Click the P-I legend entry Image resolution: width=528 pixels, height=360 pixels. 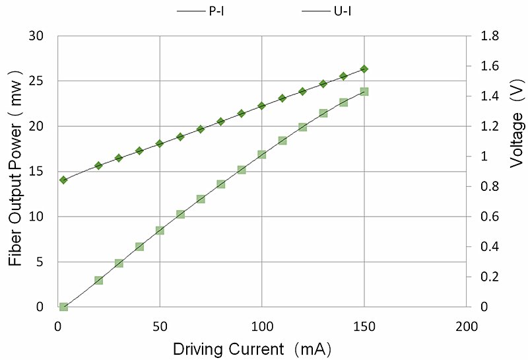click(205, 11)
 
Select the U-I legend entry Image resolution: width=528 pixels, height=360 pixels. click(327, 11)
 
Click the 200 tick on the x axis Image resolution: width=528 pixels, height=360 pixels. click(466, 326)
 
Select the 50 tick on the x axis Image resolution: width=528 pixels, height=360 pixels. click(160, 326)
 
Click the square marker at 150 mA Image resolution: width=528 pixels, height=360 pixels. click(364, 91)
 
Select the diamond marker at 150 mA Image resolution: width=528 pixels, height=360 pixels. click(364, 69)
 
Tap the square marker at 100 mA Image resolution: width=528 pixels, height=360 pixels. click(262, 154)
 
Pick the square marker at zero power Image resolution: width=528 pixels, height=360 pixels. click(63, 307)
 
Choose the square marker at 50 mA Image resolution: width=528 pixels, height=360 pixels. click(160, 231)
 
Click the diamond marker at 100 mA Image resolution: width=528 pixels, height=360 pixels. click(262, 106)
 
